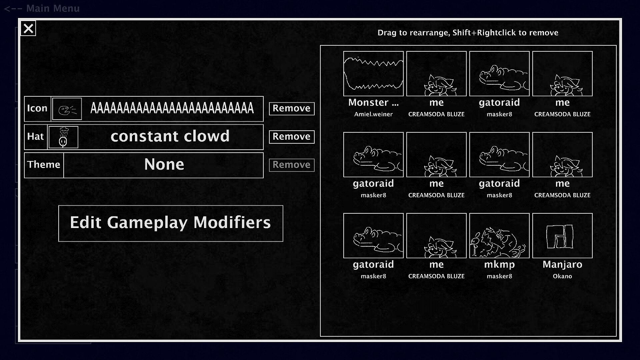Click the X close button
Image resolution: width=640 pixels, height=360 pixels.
pos(28,29)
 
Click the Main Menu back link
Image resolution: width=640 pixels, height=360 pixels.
pos(42,8)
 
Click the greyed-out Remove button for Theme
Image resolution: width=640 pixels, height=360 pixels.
pos(292,165)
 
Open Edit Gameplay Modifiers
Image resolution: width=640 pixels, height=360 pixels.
pos(171,223)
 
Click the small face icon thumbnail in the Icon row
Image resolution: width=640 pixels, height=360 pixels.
pos(67,109)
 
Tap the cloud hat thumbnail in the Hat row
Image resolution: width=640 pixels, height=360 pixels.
pos(63,137)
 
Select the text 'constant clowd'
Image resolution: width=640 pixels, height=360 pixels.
pos(170,136)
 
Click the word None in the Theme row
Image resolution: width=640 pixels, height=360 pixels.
pos(164,164)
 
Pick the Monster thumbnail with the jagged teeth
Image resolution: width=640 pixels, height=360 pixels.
pos(373,74)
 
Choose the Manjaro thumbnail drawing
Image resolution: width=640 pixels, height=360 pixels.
pos(562,236)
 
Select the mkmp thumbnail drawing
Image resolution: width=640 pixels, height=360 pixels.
pos(499,236)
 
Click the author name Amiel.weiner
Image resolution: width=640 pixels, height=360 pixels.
pos(373,114)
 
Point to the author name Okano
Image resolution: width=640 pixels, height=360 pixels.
pos(562,276)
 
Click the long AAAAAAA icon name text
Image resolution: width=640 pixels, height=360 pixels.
pos(172,108)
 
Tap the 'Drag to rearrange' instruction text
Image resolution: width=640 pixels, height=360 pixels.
pos(468,33)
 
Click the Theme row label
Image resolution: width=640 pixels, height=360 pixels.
pos(44,165)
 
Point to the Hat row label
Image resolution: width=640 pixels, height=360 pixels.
pos(35,136)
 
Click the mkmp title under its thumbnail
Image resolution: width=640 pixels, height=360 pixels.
pos(499,265)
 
